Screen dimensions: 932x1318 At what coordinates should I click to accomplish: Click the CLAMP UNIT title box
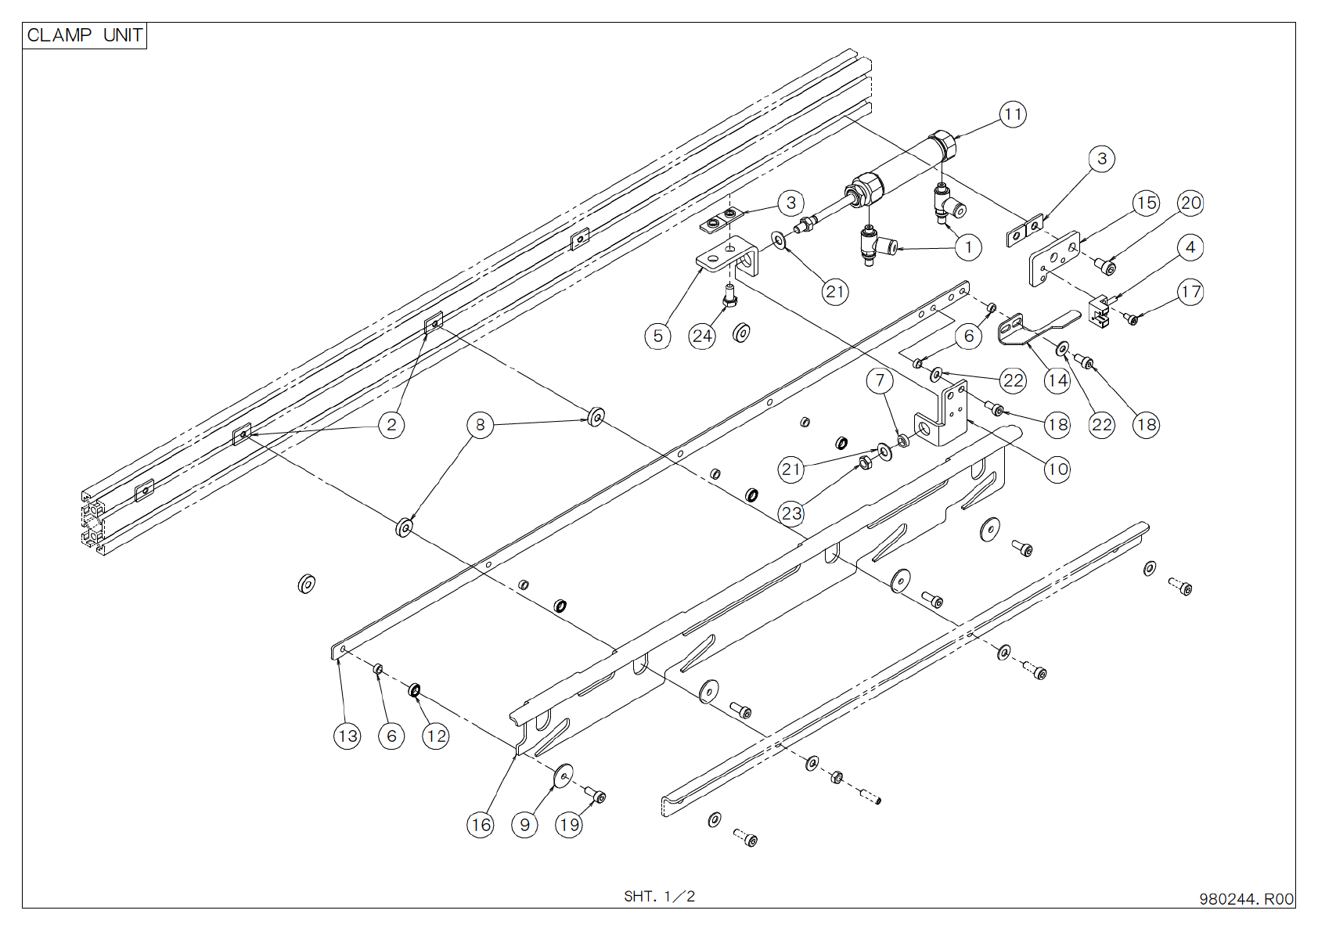pos(85,36)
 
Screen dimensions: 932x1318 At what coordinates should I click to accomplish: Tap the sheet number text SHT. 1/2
pos(659,896)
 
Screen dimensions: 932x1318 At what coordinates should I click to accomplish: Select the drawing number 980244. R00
pos(1246,899)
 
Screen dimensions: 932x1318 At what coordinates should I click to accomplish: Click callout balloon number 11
pos(1013,115)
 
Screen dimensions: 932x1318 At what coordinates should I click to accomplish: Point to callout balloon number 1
pos(968,248)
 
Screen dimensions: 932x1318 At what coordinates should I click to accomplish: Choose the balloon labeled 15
pos(1146,203)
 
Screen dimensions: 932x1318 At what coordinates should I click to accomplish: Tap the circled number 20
pos(1190,203)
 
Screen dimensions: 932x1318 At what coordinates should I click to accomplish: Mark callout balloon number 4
pos(1190,248)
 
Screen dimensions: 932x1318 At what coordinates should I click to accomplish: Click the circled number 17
pos(1190,293)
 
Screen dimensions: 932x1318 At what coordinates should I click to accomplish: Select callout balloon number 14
pos(1057,381)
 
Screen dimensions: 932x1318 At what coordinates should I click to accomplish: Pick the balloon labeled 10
pos(1057,470)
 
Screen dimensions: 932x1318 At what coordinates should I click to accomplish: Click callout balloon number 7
pos(880,381)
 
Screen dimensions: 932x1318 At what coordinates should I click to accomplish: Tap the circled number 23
pos(791,513)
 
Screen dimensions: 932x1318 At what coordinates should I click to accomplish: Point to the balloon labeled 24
pos(702,336)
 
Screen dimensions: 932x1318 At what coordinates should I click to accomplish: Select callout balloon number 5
pos(657,336)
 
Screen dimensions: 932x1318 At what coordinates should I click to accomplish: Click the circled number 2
pos(391,425)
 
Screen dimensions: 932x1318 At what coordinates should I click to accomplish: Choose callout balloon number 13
pos(348,736)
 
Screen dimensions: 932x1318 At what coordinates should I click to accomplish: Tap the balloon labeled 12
pos(436,736)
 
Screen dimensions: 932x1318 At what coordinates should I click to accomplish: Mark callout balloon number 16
pos(481,824)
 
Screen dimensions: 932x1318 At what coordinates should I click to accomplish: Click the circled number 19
pos(569,824)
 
